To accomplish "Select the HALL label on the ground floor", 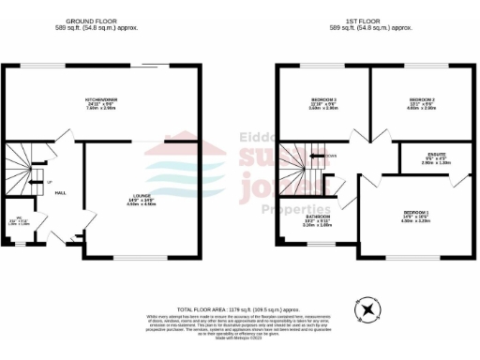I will [x=59, y=192].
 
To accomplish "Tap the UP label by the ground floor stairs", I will [x=50, y=181].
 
